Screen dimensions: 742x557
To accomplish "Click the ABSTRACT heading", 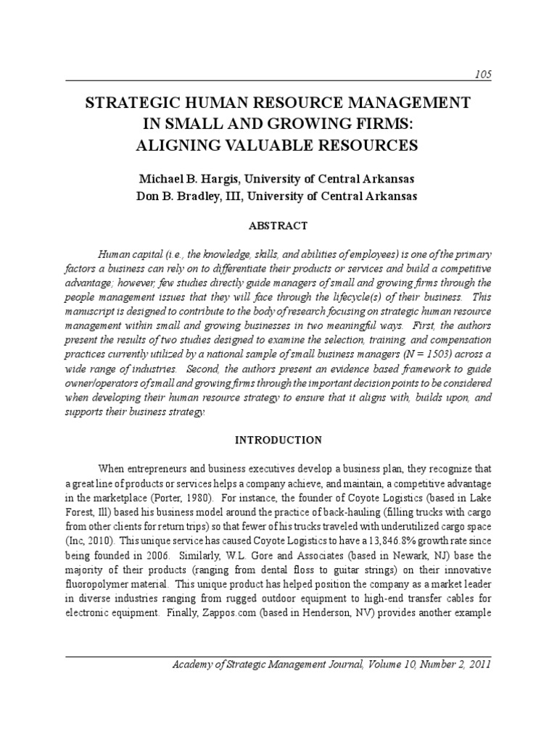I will coord(278,226).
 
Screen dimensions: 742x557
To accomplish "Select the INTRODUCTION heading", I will coord(278,440).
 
